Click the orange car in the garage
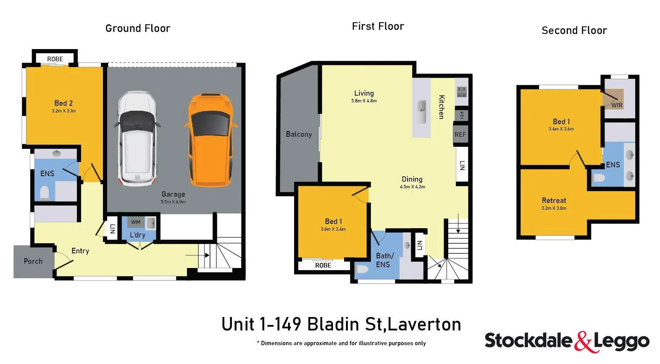[210, 140]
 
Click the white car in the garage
[136, 138]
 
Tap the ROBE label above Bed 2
[55, 59]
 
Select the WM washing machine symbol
[136, 222]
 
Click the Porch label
[33, 261]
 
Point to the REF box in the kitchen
[460, 135]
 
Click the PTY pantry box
[461, 115]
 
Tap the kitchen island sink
[421, 112]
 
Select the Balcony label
[299, 134]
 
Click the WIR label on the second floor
[617, 105]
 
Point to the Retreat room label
[554, 200]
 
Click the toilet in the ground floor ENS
[44, 193]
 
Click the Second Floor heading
[574, 31]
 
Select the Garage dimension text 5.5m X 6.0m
[173, 202]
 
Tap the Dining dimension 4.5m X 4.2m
[412, 187]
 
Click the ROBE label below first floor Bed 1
[323, 265]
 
